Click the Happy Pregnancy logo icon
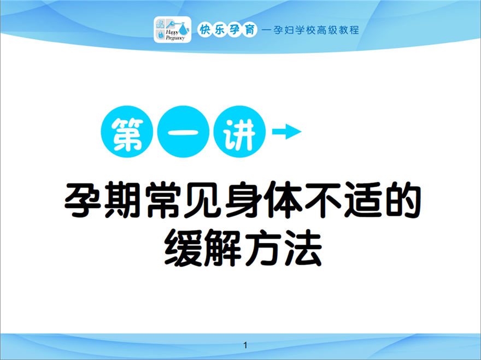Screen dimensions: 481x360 pos(172,29)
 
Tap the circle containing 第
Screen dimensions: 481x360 pos(127,132)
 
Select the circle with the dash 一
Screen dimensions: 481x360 pos(184,132)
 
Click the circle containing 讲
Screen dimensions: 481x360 pos(239,132)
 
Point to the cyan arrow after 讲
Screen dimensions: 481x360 pos(287,132)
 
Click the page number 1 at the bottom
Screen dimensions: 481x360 pos(245,345)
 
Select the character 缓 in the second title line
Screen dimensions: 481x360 pos(183,248)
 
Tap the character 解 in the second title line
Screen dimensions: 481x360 pos(223,248)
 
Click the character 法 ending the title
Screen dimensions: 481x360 pos(303,248)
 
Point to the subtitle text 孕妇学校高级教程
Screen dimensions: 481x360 pos(316,30)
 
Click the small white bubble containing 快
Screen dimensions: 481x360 pos(204,29)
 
